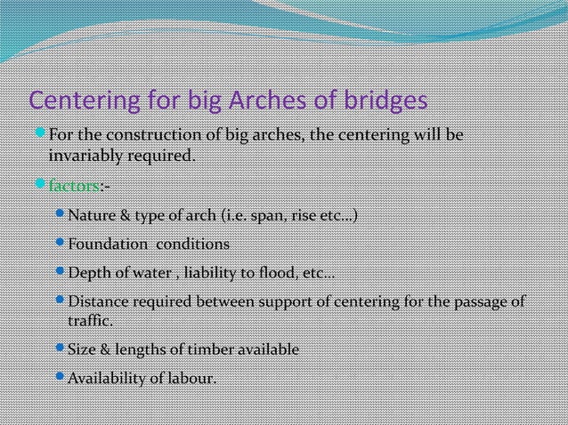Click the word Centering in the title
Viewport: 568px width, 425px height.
(x=77, y=101)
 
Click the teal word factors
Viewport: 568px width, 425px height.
(x=73, y=186)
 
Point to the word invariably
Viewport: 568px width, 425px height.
(x=84, y=156)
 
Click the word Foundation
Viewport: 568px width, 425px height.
(x=107, y=244)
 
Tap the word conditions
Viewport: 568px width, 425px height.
(x=193, y=244)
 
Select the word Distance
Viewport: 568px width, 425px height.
(x=100, y=302)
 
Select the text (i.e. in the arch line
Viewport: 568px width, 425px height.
(x=210, y=216)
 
